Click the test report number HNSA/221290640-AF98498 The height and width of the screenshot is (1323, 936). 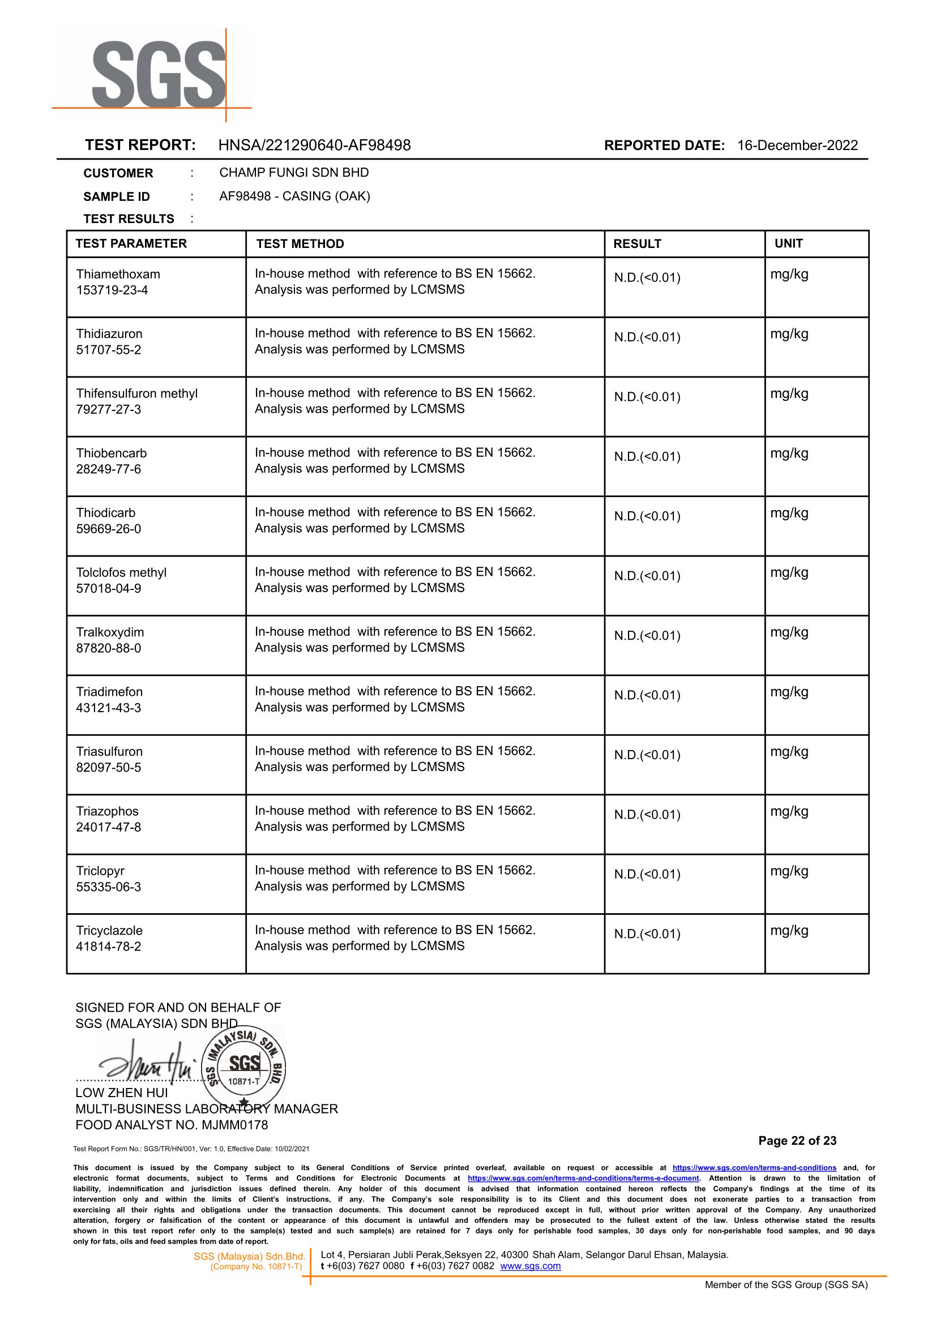click(314, 145)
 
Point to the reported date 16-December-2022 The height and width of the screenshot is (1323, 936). click(797, 145)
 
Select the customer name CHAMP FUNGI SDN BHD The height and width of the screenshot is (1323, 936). click(294, 173)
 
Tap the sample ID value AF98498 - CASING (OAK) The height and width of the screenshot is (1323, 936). click(294, 196)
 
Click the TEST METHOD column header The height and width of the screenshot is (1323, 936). click(300, 244)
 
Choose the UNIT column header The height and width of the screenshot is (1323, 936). click(788, 244)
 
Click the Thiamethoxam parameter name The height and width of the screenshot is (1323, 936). click(118, 274)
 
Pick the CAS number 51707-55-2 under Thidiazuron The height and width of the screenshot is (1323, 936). click(108, 350)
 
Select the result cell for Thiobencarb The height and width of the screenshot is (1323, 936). click(647, 457)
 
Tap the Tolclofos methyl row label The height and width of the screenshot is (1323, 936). click(121, 573)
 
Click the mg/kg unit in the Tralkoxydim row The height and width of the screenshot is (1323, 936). click(789, 633)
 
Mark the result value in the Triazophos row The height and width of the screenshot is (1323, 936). click(647, 815)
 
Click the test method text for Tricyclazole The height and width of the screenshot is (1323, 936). click(395, 938)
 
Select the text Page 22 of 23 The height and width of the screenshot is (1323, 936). click(797, 1141)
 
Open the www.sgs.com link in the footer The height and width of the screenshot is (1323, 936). click(530, 1266)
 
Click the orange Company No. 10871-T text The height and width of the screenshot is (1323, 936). click(256, 1266)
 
